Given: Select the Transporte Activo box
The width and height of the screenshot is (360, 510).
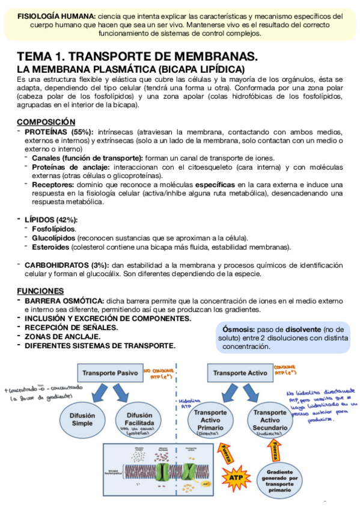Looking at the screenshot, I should point(240,373).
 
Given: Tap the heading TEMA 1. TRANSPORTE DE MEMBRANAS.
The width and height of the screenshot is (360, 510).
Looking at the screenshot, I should point(137,56).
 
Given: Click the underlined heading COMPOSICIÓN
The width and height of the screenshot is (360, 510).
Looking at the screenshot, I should point(46,121).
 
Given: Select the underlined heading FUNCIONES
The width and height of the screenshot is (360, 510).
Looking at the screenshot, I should point(40,290).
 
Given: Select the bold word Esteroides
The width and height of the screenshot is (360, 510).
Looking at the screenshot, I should point(50,247).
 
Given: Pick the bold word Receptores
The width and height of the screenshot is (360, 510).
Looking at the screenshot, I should point(53,184).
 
